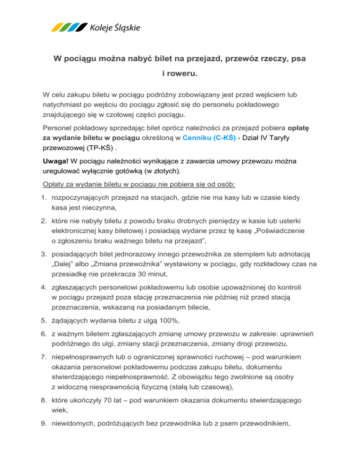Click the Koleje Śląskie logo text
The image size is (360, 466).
pos(114,28)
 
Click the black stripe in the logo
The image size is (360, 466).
pos(82,28)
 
